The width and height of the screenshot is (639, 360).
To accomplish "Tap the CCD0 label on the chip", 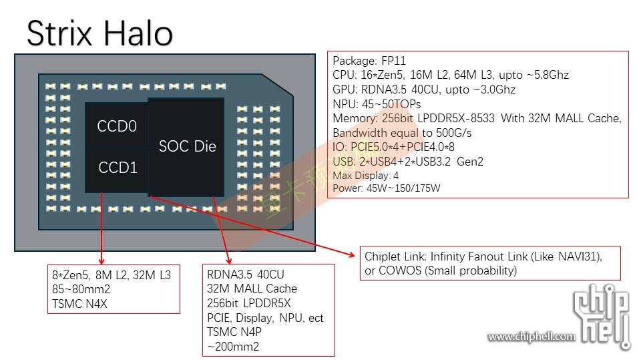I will pyautogui.click(x=117, y=126).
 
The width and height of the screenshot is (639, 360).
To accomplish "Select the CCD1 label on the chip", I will pyautogui.click(x=118, y=168).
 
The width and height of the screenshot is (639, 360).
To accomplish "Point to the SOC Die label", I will pyautogui.click(x=188, y=146).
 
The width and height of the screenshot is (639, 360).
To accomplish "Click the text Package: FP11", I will pyautogui.click(x=364, y=61).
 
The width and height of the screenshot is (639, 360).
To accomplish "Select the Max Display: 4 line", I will pyautogui.click(x=366, y=175).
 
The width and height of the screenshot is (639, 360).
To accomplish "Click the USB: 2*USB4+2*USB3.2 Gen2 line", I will pyautogui.click(x=408, y=162).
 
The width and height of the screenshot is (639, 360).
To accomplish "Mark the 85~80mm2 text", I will pyautogui.click(x=81, y=289).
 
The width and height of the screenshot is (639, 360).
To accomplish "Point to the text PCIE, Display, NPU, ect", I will pyautogui.click(x=265, y=318).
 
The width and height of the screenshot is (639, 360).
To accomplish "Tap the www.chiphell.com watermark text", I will pyautogui.click(x=531, y=337).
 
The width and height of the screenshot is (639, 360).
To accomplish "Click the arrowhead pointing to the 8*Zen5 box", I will pyautogui.click(x=102, y=261).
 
